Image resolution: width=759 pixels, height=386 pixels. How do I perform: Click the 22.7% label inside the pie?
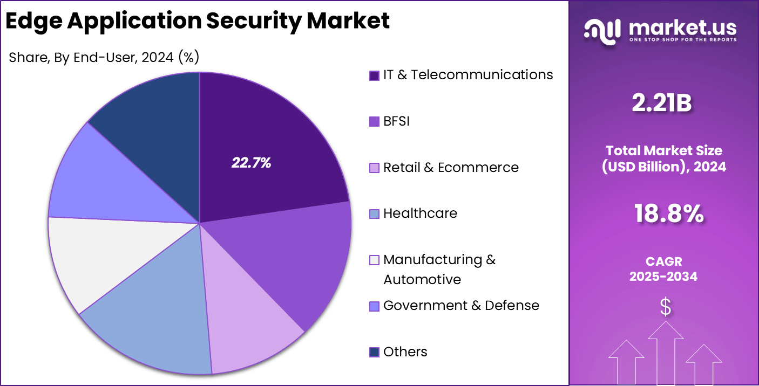(251, 163)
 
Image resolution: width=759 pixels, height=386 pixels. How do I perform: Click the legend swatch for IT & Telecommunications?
(374, 75)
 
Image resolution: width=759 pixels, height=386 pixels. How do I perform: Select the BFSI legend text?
(396, 121)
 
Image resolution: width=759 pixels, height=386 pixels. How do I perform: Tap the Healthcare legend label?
(420, 213)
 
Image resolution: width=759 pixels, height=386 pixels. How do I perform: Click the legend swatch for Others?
(374, 352)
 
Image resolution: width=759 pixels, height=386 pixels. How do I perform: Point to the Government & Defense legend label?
(461, 306)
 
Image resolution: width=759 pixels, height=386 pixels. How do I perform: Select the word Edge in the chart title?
(33, 21)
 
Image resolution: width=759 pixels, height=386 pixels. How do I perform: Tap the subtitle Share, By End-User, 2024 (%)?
(104, 57)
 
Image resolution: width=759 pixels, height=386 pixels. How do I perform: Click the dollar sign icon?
(665, 307)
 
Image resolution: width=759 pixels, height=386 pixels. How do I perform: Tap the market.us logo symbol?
(602, 30)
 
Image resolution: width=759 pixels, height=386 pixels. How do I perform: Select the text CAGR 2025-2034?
(663, 269)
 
